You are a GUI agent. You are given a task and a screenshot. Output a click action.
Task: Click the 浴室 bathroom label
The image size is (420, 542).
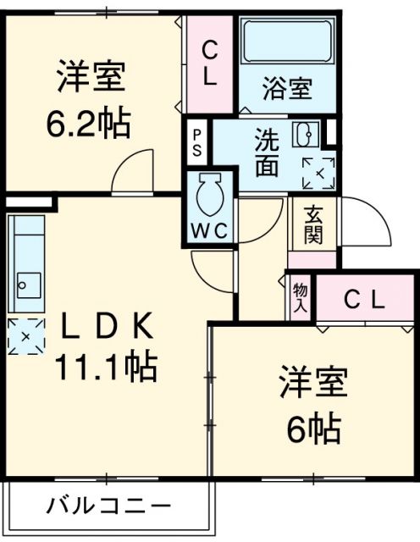coord(285,87)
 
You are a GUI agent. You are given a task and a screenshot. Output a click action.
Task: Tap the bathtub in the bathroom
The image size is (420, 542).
coord(285,41)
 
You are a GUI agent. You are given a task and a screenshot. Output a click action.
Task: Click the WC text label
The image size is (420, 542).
coord(208,230)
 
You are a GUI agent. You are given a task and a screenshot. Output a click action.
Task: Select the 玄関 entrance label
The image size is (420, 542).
coord(313,224)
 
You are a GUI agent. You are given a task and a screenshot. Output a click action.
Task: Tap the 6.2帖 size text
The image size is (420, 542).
coord(88,125)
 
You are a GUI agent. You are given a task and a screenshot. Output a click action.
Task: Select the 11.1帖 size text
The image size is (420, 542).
coord(106,366)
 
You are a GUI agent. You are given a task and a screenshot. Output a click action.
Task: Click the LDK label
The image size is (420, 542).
coord(106,325)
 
